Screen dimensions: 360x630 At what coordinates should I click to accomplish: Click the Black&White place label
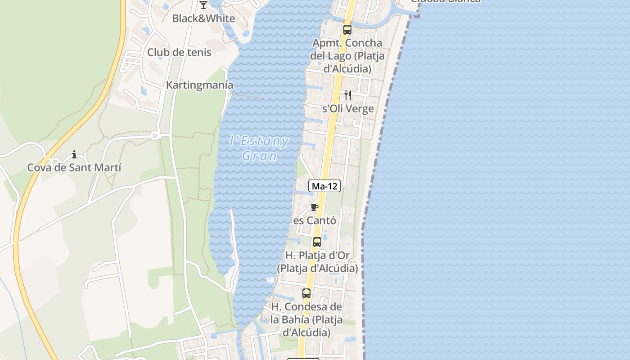tap(203, 18)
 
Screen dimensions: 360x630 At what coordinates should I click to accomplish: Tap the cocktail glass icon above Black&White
tap(203, 5)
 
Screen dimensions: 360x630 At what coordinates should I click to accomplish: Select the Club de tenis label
tap(179, 52)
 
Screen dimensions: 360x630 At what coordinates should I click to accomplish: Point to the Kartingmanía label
tap(200, 85)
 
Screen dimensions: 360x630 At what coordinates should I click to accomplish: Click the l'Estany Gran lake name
tap(259, 148)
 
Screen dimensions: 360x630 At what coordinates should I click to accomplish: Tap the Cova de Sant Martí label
tap(74, 168)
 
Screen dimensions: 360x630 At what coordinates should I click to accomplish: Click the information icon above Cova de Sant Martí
tap(74, 155)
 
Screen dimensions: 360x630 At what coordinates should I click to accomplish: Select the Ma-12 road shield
tap(324, 185)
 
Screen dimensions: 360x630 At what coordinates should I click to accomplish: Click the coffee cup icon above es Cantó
tap(315, 207)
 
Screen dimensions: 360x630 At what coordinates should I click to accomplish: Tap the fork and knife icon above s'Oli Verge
tap(347, 95)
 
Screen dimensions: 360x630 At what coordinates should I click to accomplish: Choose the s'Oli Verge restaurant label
tap(348, 109)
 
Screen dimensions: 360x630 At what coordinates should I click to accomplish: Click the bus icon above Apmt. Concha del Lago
tap(347, 30)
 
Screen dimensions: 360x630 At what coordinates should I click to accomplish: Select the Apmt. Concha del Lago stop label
tap(347, 56)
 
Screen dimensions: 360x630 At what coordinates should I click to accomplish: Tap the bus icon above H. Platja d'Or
tap(317, 242)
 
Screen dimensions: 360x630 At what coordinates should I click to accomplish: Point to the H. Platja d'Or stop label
tap(317, 262)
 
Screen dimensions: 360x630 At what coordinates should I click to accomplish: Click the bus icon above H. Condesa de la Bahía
tap(306, 293)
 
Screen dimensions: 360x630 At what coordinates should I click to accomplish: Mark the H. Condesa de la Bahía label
tap(306, 320)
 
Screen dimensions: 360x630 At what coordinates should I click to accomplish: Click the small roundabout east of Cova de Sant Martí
tap(154, 135)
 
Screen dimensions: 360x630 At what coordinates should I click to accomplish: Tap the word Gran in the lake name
tap(259, 156)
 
